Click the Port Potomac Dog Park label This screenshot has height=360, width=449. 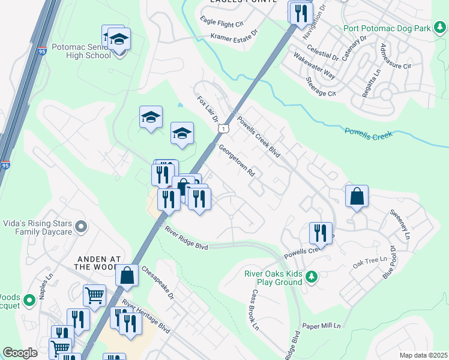point(388,28)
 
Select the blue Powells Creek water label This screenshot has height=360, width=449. point(369,133)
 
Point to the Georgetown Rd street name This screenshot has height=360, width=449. point(238,159)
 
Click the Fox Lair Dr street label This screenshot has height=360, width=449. point(207,109)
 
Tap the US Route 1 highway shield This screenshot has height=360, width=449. point(223,128)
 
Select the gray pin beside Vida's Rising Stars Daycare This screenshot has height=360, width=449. point(82,227)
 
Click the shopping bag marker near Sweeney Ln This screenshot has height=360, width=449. point(357,196)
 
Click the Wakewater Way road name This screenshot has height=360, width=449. point(314,65)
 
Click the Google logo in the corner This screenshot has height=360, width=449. point(20,353)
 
